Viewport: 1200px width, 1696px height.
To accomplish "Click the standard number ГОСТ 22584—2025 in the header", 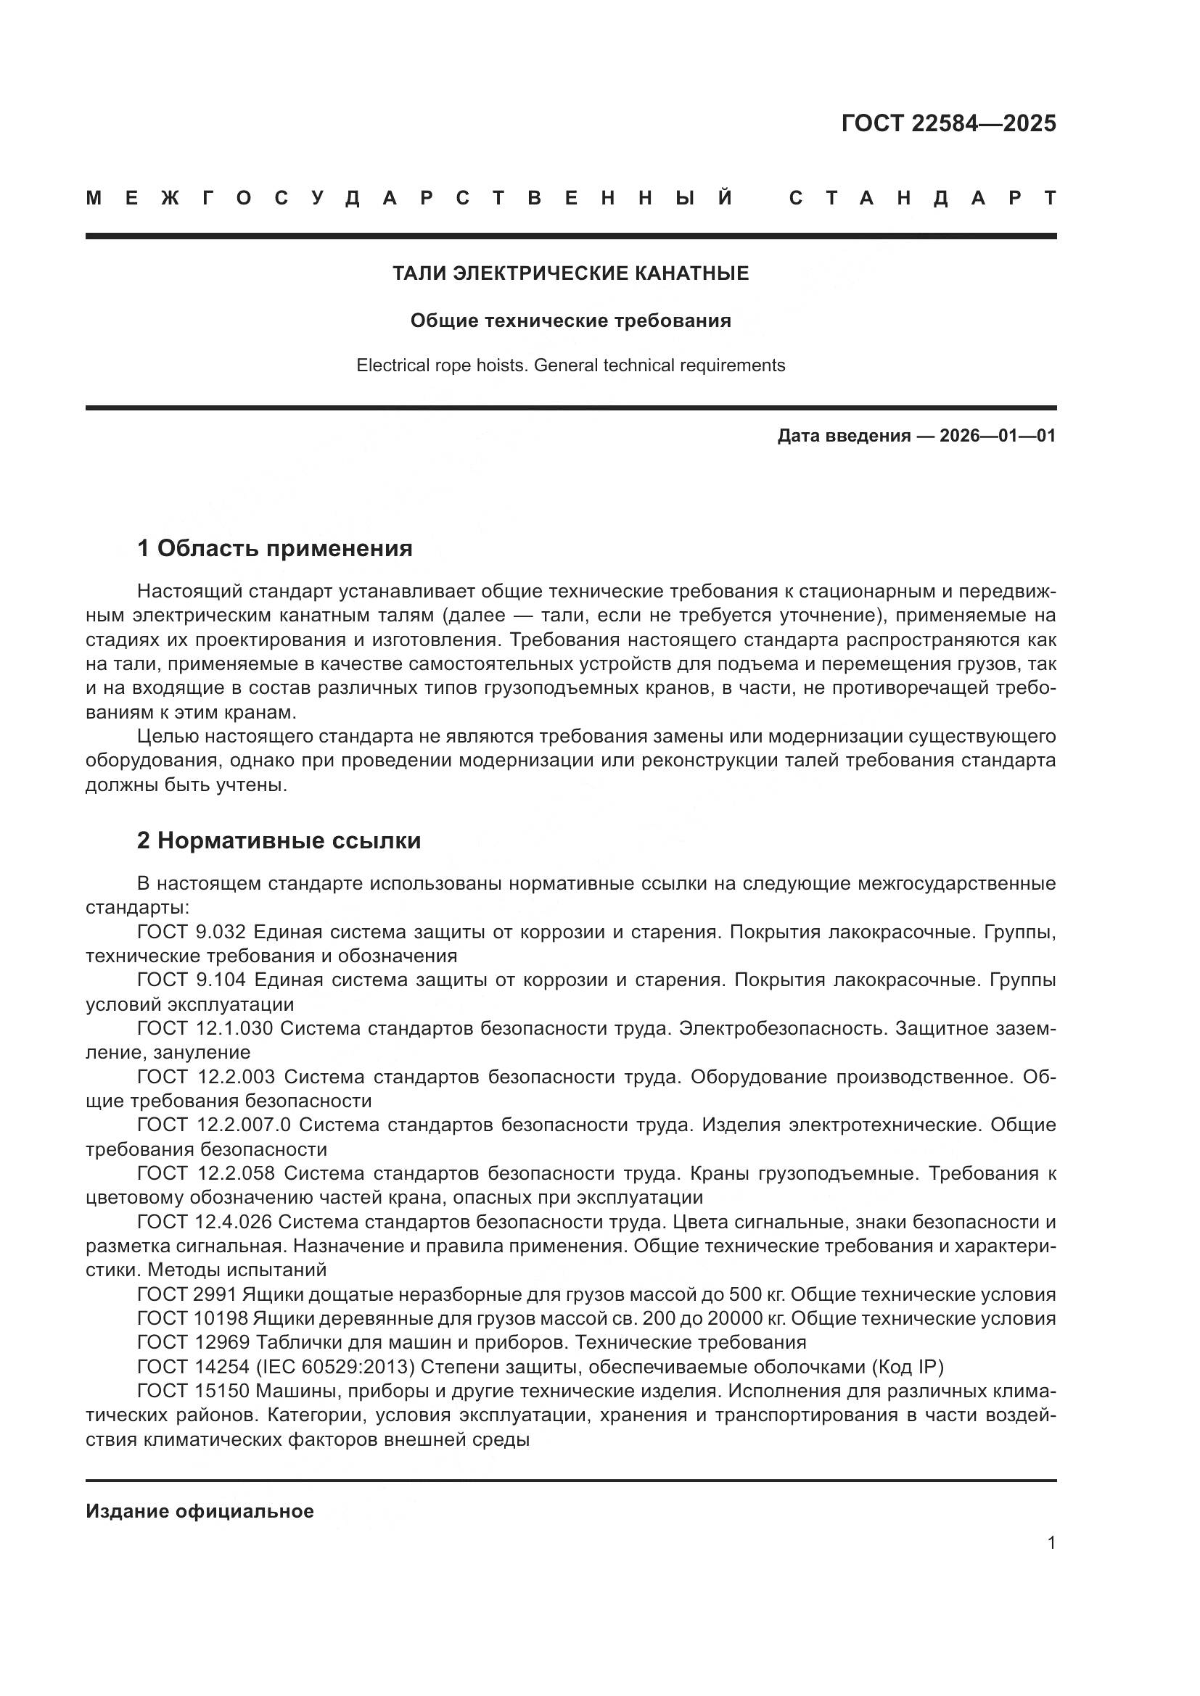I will [948, 123].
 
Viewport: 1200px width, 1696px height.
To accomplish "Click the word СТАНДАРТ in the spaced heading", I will [922, 198].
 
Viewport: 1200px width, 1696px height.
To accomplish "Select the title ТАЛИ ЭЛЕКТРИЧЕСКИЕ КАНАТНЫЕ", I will [570, 273].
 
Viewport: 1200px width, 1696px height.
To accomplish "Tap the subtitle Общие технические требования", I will [570, 320].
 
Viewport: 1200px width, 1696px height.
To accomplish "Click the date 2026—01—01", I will [997, 436].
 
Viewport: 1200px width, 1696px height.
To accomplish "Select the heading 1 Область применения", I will [274, 548].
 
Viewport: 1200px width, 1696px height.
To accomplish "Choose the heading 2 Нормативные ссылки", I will [279, 840].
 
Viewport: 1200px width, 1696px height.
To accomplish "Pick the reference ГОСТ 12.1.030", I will [205, 1028].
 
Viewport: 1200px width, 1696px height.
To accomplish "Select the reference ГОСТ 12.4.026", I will [205, 1222].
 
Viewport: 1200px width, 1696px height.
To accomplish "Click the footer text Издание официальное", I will [200, 1511].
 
